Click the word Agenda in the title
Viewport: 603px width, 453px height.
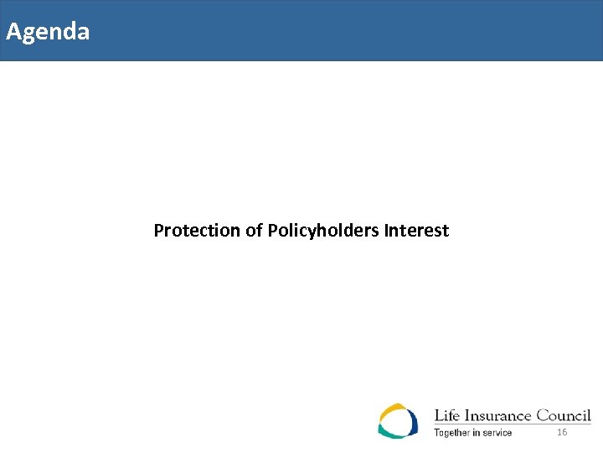(48, 32)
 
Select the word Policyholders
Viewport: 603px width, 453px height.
(324, 230)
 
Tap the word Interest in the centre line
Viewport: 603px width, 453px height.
(416, 230)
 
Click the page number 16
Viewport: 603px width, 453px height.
(562, 432)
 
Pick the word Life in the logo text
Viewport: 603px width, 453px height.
(446, 416)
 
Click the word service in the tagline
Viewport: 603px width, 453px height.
(497, 433)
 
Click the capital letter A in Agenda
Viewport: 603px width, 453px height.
(13, 32)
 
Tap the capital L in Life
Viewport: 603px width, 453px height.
(438, 416)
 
